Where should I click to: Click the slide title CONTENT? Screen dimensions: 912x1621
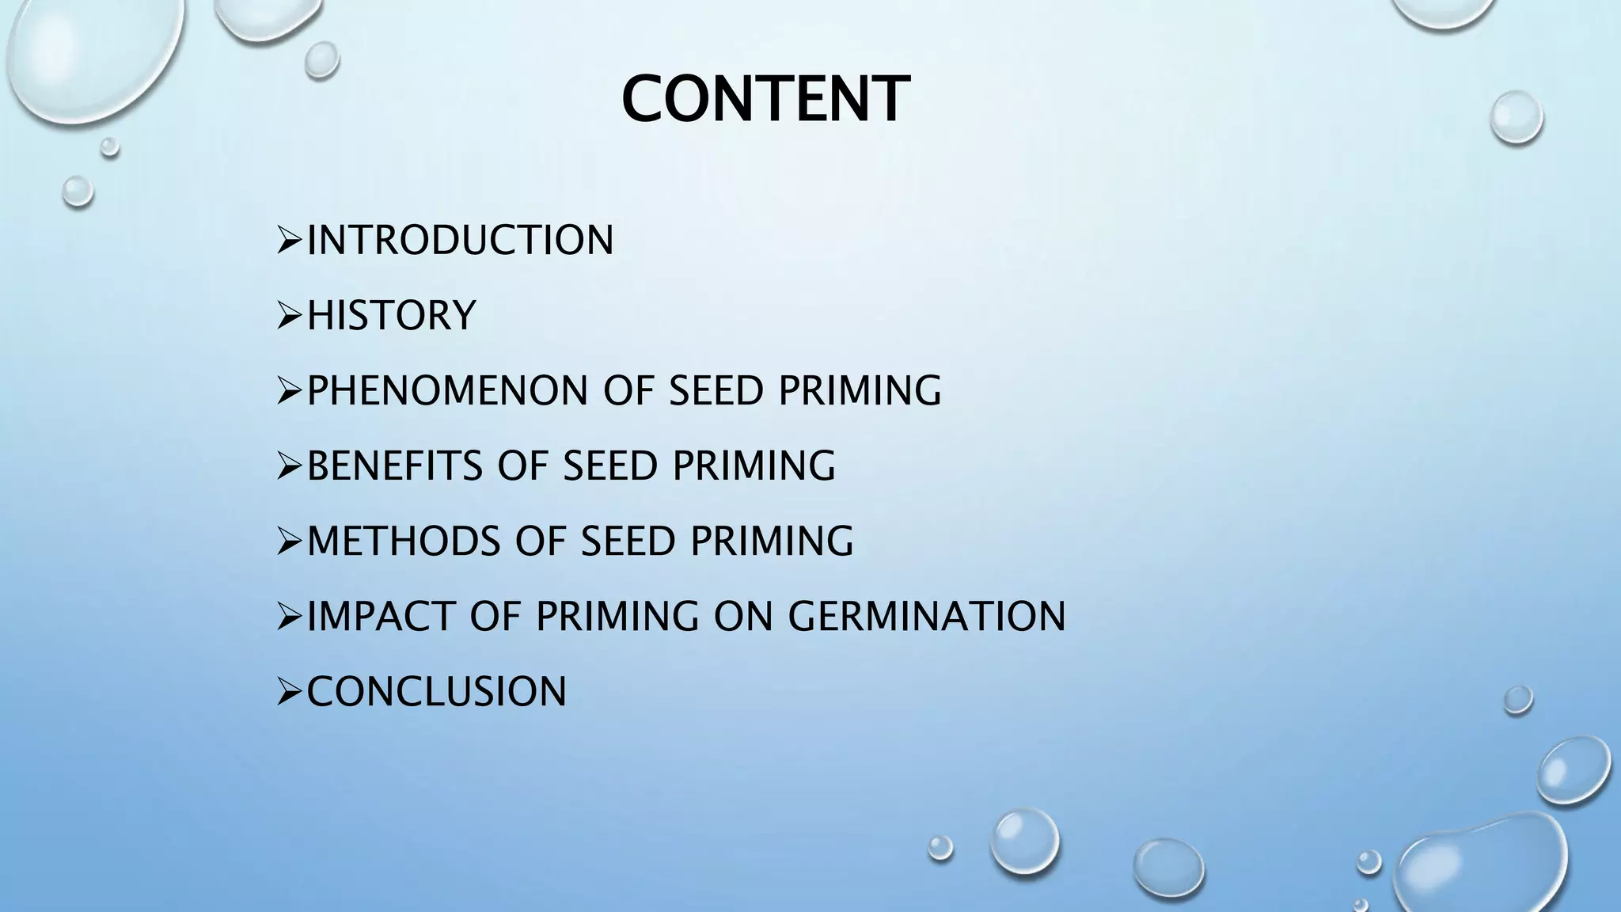[765, 100]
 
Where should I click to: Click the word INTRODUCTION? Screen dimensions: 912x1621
[460, 241]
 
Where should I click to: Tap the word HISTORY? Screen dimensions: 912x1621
[391, 316]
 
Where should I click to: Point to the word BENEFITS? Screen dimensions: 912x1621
[393, 466]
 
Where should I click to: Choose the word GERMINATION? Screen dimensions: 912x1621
[926, 617]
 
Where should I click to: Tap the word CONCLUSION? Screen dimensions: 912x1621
[436, 692]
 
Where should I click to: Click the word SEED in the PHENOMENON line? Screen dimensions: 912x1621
[716, 391]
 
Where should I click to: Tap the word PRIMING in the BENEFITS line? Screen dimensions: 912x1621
[754, 466]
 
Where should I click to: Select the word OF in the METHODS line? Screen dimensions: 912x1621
[541, 541]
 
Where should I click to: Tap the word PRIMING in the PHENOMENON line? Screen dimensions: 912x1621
[860, 391]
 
